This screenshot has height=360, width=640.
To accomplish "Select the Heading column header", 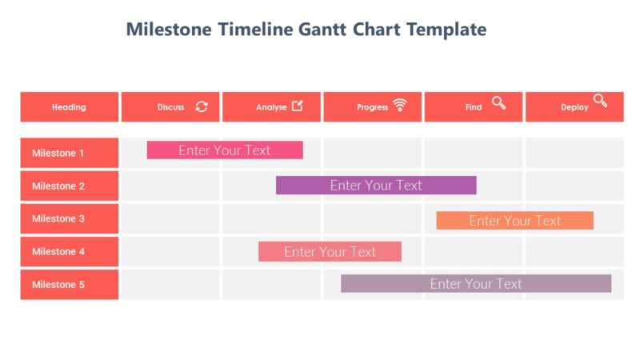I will click(69, 107).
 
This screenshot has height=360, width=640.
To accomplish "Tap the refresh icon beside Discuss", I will click(202, 106).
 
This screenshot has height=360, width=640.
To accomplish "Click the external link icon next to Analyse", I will click(298, 106).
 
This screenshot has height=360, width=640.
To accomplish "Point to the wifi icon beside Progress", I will click(399, 106).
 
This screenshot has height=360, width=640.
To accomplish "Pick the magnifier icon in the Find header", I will click(498, 102).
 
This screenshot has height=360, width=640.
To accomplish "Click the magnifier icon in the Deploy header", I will click(600, 102).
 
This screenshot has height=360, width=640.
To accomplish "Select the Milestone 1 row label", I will click(69, 153).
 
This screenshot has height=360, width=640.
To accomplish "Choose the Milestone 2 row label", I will click(69, 186).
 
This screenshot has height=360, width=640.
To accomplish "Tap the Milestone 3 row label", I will click(69, 218).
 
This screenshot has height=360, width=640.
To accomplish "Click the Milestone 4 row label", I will click(69, 251).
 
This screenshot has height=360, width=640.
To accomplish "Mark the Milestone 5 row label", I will click(69, 284).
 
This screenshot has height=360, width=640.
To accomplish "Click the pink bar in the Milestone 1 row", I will click(225, 150).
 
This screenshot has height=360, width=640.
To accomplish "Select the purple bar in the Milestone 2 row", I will click(376, 186).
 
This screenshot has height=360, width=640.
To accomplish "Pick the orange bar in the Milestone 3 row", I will click(514, 221).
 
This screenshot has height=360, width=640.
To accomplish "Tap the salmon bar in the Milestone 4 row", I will click(330, 252).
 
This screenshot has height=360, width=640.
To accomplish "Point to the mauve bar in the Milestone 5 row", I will click(476, 284).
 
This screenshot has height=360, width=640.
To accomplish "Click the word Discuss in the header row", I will click(170, 107).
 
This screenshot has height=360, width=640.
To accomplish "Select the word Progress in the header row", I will click(372, 107).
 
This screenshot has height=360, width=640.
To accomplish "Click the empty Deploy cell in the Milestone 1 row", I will click(574, 153).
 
